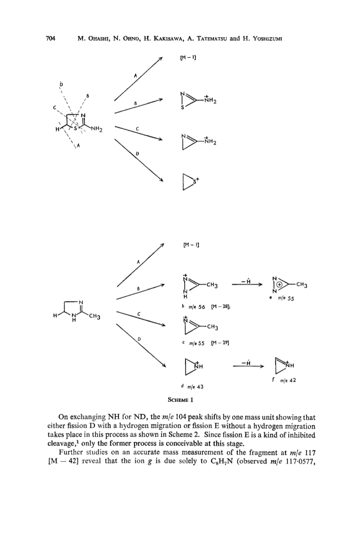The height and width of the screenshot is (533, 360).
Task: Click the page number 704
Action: coord(50,38)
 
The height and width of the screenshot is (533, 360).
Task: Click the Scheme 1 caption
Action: coord(181,400)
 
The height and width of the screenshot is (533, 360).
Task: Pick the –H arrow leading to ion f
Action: coord(248,366)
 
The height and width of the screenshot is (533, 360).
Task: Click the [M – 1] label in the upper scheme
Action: coord(188,57)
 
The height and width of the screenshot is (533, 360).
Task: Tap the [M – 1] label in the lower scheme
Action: coord(191,245)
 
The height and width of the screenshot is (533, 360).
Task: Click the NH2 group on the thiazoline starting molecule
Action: coord(97,129)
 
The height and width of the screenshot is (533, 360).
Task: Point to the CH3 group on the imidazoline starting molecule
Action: coord(95,317)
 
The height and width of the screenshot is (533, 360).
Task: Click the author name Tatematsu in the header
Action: coord(212,39)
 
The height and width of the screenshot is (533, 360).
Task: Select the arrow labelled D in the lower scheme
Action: coord(141,345)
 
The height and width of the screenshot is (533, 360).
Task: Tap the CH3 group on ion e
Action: coord(302,285)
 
